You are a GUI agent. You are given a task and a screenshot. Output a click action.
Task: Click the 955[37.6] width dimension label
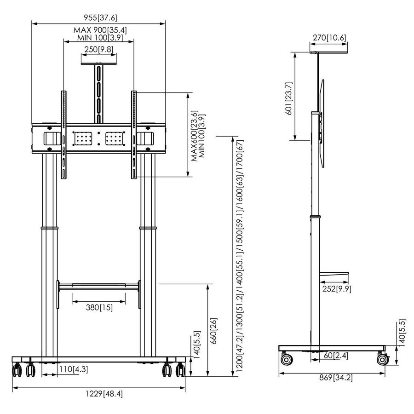click(x=98, y=18)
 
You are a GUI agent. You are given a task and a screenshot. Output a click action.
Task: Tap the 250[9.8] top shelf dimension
click(x=98, y=50)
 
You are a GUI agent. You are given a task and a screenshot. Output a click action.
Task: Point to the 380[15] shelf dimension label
click(x=99, y=307)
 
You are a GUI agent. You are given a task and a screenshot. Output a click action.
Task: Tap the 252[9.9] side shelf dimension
click(x=336, y=288)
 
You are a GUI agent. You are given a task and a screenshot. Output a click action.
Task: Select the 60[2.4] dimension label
click(x=329, y=355)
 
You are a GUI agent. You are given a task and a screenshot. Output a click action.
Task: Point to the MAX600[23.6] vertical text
click(x=194, y=136)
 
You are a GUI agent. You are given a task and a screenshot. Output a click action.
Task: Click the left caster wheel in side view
click(x=285, y=359)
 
